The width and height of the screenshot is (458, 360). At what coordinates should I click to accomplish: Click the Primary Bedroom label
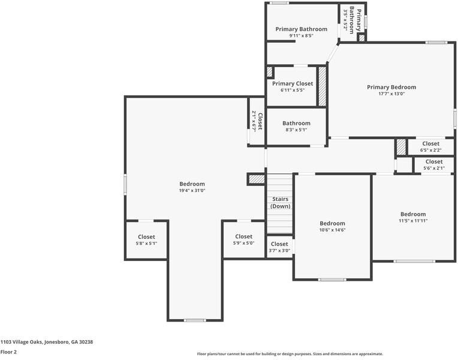click(x=391, y=87)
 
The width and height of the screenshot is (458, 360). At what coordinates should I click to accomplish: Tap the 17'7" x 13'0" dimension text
click(x=391, y=94)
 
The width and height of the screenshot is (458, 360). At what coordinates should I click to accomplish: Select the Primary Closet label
click(x=292, y=84)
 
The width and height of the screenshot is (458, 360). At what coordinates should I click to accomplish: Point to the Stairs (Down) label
click(x=280, y=202)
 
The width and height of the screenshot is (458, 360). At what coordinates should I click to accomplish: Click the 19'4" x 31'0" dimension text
click(x=192, y=191)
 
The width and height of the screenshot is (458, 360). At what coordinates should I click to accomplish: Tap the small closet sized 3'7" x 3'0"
click(x=279, y=247)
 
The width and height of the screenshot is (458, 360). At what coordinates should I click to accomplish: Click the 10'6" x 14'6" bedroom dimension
click(x=332, y=230)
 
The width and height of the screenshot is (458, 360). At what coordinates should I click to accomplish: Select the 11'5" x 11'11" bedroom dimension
click(x=413, y=221)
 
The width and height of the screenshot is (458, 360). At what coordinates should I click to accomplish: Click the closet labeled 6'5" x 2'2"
click(x=430, y=147)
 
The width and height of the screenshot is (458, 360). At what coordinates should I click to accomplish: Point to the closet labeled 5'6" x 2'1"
click(x=433, y=165)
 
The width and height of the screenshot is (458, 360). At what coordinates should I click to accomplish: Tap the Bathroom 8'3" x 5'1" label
click(x=296, y=126)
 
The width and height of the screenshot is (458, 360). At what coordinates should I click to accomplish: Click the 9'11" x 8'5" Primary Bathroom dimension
click(x=301, y=35)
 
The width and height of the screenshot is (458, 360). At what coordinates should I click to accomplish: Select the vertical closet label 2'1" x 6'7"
click(x=257, y=122)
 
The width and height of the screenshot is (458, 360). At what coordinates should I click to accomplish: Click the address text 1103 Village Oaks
click(x=46, y=341)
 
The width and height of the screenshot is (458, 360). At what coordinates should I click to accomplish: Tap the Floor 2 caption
click(x=8, y=352)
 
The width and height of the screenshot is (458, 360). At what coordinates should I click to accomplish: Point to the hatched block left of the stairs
click(x=256, y=179)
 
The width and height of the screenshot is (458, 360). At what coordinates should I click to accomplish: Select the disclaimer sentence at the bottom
click(x=290, y=354)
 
